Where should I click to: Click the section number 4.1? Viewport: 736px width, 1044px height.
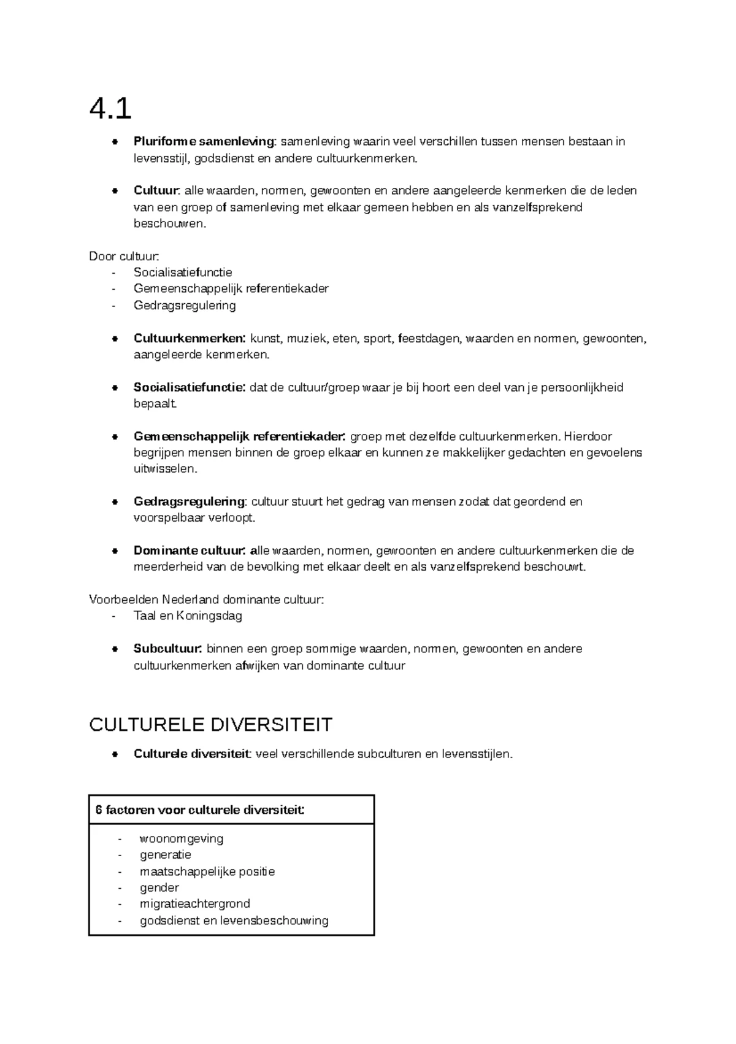coord(110,109)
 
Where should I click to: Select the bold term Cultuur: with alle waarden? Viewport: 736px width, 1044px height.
coord(157,191)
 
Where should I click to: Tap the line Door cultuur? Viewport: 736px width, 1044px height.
coord(125,256)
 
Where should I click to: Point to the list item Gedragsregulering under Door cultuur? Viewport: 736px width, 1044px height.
coord(185,306)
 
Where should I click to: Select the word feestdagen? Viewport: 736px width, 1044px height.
coord(430,338)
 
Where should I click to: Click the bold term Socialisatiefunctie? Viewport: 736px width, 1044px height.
coord(190,387)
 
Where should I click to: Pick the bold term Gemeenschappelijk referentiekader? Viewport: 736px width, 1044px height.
coord(239,436)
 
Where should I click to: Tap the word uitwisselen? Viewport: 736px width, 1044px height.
coord(165,470)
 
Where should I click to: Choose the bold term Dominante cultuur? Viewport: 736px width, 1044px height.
coord(190,551)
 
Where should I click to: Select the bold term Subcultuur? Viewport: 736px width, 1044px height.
coord(167,649)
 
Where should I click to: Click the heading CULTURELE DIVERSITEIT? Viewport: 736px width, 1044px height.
coord(210,725)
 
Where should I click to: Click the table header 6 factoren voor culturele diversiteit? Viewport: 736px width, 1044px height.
coord(200,810)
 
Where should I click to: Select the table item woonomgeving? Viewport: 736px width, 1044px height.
coord(182,839)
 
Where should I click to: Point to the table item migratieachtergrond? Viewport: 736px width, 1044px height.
coord(195,904)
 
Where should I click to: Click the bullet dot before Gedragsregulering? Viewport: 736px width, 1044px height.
coord(114,502)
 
